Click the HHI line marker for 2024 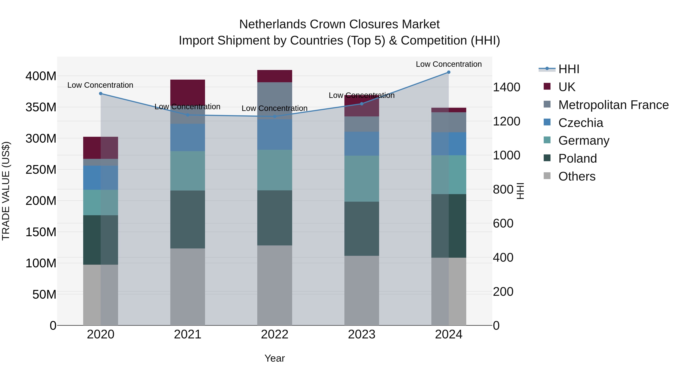click(x=449, y=72)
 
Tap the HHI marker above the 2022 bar click(x=275, y=116)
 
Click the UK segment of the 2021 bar click(x=188, y=92)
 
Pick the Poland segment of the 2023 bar click(x=362, y=229)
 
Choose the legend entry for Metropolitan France click(x=613, y=105)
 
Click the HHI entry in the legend click(x=568, y=69)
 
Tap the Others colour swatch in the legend click(x=547, y=176)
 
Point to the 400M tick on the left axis click(x=41, y=76)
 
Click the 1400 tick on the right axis click(x=506, y=87)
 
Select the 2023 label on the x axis click(x=362, y=334)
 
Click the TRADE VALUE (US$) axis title click(x=6, y=191)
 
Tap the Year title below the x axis click(x=275, y=358)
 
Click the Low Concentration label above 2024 click(x=449, y=64)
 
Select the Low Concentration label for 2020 click(x=100, y=85)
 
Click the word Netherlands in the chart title click(x=273, y=24)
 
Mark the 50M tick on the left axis click(x=44, y=294)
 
